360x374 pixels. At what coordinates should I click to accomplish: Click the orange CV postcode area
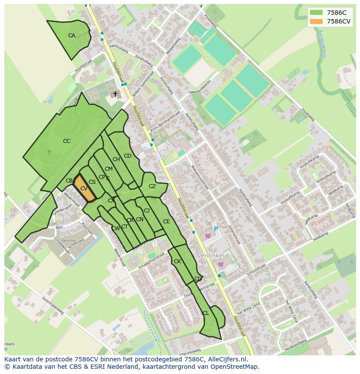(x=84, y=189)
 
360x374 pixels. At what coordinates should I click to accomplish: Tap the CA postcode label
(x=72, y=36)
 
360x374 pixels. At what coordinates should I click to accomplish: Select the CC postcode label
(x=67, y=141)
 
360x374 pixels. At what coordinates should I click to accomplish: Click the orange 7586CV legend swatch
(x=317, y=21)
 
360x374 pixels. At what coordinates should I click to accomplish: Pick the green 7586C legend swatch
(x=317, y=13)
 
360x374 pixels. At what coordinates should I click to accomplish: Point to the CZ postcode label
(x=152, y=186)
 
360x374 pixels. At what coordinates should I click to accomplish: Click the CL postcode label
(x=206, y=313)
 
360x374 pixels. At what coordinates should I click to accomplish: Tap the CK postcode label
(x=177, y=261)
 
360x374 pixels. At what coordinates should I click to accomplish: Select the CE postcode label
(x=166, y=222)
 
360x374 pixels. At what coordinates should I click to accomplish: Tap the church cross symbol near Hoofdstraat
(x=115, y=94)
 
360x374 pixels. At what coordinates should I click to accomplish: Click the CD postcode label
(x=127, y=156)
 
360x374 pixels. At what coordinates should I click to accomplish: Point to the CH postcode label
(x=116, y=159)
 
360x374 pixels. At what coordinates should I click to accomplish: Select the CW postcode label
(x=115, y=228)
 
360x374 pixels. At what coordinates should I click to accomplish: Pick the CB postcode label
(x=69, y=181)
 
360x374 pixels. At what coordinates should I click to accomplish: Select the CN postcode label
(x=140, y=219)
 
